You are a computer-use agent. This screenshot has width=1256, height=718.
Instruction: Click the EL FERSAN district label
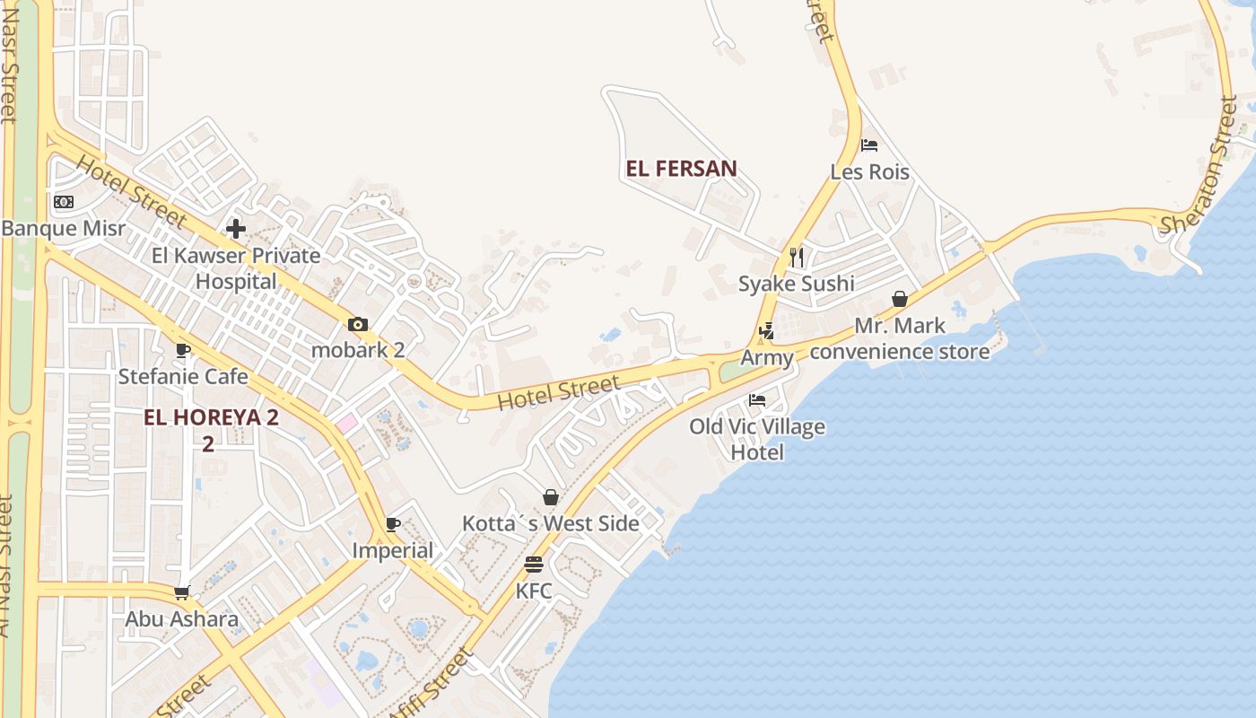tap(682, 169)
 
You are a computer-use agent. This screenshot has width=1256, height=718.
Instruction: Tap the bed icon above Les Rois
tap(868, 145)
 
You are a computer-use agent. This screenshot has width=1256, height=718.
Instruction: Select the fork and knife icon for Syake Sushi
tap(797, 258)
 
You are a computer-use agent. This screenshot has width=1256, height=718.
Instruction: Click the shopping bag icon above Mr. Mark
tap(900, 299)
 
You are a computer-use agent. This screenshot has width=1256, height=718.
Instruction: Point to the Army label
tap(767, 358)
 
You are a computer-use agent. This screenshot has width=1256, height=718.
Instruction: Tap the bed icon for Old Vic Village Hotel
tap(757, 400)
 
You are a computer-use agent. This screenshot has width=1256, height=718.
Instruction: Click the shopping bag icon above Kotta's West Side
tap(551, 497)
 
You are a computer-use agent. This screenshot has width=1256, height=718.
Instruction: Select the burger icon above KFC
tap(534, 565)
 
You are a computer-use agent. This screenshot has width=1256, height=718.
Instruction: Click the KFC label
tap(534, 591)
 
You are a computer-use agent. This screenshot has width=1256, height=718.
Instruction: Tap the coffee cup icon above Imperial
tap(392, 524)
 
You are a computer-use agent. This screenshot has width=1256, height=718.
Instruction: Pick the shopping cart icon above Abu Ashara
tap(182, 592)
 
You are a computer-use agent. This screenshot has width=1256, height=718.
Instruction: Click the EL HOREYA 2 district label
tap(212, 418)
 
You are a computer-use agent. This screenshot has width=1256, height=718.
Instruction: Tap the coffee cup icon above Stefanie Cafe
tap(183, 350)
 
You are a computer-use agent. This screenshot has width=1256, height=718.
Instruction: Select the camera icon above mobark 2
tap(357, 324)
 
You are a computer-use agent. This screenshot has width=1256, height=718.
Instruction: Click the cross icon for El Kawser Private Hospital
tap(236, 229)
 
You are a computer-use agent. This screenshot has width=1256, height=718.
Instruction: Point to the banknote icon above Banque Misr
tap(64, 202)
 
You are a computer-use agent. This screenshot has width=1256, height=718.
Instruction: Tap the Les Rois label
tap(869, 172)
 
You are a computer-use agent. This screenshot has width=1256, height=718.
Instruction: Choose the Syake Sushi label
tap(796, 285)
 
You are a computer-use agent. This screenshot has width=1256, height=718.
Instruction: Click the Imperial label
tap(393, 550)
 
